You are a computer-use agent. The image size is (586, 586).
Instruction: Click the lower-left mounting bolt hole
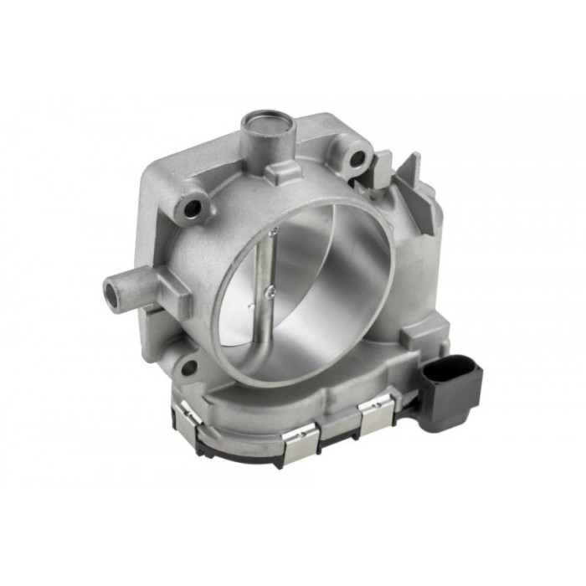coord(189,367)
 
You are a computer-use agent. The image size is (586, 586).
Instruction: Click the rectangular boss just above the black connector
coord(416,336)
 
